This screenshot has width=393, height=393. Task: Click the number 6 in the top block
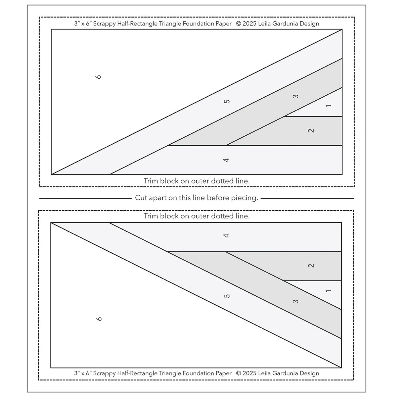point(99,77)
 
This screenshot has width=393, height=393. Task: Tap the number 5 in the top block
point(227,101)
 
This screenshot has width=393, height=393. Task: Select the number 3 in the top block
point(296,96)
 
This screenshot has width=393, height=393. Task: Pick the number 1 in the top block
point(329,106)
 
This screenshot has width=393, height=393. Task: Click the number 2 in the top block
point(311,131)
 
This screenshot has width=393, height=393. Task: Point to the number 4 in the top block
point(226,160)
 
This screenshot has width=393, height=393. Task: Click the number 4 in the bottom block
point(226,235)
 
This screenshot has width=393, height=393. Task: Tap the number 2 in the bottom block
point(311,265)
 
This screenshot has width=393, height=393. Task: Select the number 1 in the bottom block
point(329,291)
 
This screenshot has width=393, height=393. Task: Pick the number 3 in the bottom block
point(296,301)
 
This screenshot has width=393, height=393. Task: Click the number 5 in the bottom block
point(227,296)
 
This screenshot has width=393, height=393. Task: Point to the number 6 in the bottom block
point(99,318)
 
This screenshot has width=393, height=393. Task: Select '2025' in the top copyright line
point(249,24)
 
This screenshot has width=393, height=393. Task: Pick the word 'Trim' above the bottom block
point(151,216)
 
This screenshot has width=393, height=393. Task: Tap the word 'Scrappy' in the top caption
point(104,24)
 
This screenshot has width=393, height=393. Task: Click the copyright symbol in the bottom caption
point(239,373)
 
